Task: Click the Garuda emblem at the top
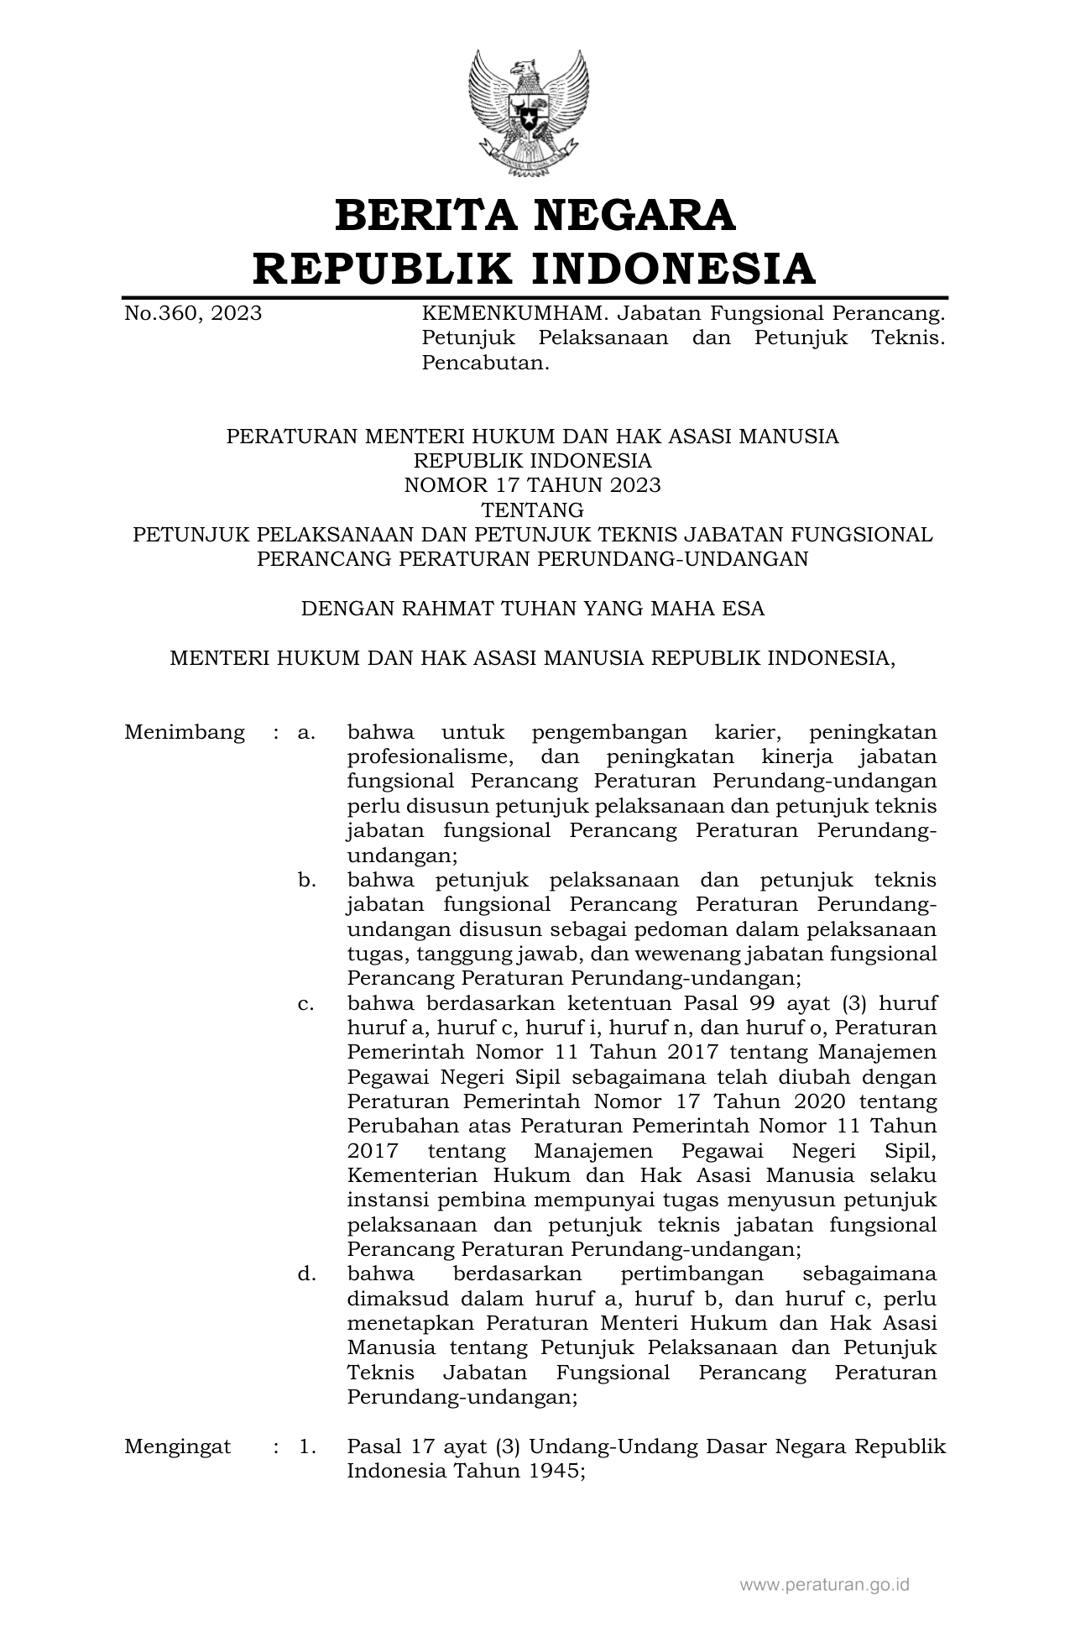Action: click(x=529, y=112)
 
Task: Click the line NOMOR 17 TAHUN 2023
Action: click(x=533, y=485)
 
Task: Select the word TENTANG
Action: click(x=533, y=510)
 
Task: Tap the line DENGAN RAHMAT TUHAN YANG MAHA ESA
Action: click(x=533, y=609)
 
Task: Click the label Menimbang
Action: click(x=185, y=732)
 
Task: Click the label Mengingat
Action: click(x=178, y=1447)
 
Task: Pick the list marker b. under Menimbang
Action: click(x=306, y=880)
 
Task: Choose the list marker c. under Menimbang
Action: click(x=306, y=1003)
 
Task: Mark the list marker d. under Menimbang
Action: click(x=306, y=1274)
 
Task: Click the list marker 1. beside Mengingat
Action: click(x=306, y=1447)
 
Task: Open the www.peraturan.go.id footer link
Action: click(x=824, y=1585)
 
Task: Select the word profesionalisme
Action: click(x=430, y=757)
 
